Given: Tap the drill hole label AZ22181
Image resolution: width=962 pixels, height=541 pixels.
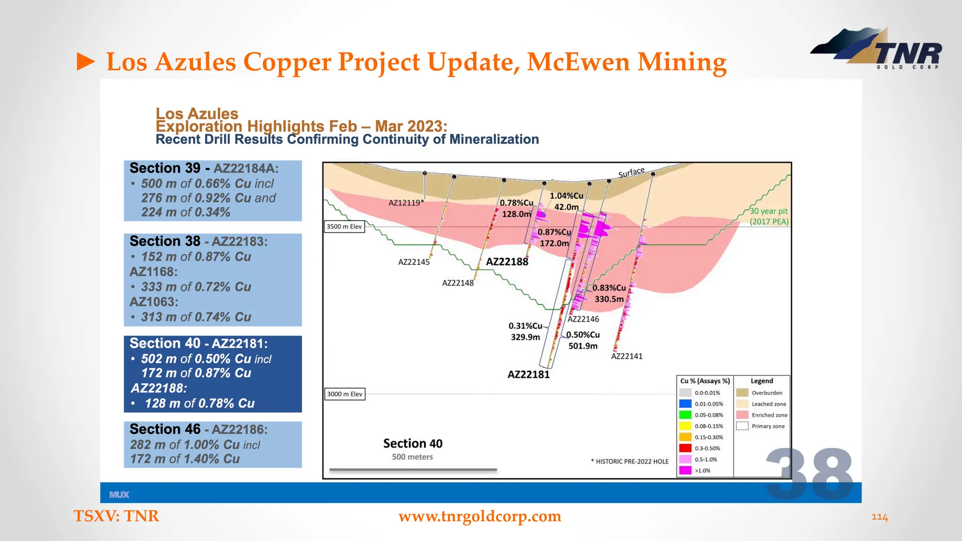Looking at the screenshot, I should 528,374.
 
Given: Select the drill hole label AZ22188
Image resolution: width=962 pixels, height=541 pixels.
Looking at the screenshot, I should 507,262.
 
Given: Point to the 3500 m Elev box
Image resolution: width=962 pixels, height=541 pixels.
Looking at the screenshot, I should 344,226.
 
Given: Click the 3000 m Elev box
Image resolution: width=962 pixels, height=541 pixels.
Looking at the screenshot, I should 345,394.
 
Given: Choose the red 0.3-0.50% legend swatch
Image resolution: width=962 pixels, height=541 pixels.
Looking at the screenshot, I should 685,448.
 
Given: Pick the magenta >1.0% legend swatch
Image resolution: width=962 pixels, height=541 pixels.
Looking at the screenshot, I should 685,470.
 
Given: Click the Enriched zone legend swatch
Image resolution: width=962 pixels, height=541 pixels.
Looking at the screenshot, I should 742,415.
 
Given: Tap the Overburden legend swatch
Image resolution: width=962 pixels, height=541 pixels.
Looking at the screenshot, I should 742,393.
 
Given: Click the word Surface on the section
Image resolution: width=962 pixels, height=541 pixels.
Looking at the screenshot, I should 631,172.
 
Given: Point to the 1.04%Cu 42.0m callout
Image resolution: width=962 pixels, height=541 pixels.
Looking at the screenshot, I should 566,201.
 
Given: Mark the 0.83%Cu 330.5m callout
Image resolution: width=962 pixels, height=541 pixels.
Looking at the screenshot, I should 609,293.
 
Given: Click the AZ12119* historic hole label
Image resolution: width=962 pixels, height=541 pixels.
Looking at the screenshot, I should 406,202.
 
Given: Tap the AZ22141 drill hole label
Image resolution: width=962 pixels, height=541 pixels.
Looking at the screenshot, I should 627,356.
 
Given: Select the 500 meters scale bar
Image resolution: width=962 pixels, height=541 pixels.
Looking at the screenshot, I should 413,469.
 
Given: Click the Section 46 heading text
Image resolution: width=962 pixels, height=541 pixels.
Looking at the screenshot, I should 165,429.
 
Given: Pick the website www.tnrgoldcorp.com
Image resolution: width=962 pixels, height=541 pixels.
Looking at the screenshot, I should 480,516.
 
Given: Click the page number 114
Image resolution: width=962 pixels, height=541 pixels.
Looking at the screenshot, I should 879,517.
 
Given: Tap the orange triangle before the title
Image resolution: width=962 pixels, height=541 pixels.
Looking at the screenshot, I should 85,62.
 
